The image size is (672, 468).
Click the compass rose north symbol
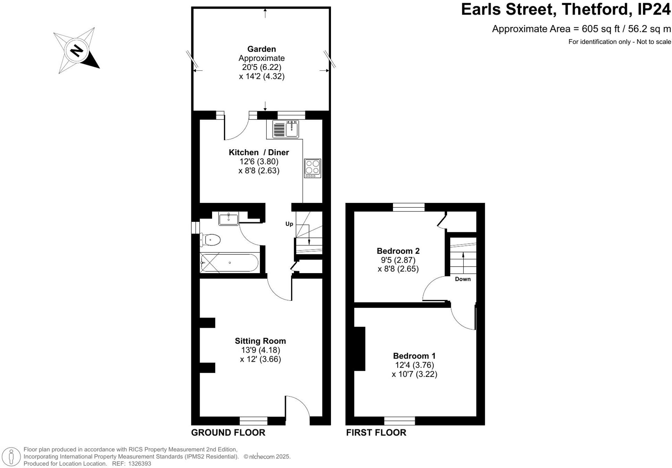tap(77, 51)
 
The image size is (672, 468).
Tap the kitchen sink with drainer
tap(285, 129)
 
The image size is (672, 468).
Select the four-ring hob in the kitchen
tap(312, 168)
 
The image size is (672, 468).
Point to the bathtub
tap(229, 263)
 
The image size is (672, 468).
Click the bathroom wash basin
tap(228, 219)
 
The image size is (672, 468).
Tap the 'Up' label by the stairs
tap(289, 224)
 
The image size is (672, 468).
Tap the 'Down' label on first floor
tap(463, 279)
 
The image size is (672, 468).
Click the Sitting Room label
tap(260, 341)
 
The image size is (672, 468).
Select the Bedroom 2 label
tap(398, 251)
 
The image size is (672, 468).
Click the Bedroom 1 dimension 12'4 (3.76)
tap(414, 365)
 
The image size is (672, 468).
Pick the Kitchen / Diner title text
tap(259, 152)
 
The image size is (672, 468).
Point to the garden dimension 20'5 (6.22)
tap(262, 67)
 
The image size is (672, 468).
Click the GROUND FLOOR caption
tap(228, 433)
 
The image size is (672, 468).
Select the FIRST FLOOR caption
tap(376, 433)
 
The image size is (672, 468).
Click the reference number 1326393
tap(139, 464)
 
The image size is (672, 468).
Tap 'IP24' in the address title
tap(654, 9)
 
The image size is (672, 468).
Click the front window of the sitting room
tap(253, 421)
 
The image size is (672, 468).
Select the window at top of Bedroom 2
tap(409, 207)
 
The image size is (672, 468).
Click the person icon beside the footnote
tap(11, 456)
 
